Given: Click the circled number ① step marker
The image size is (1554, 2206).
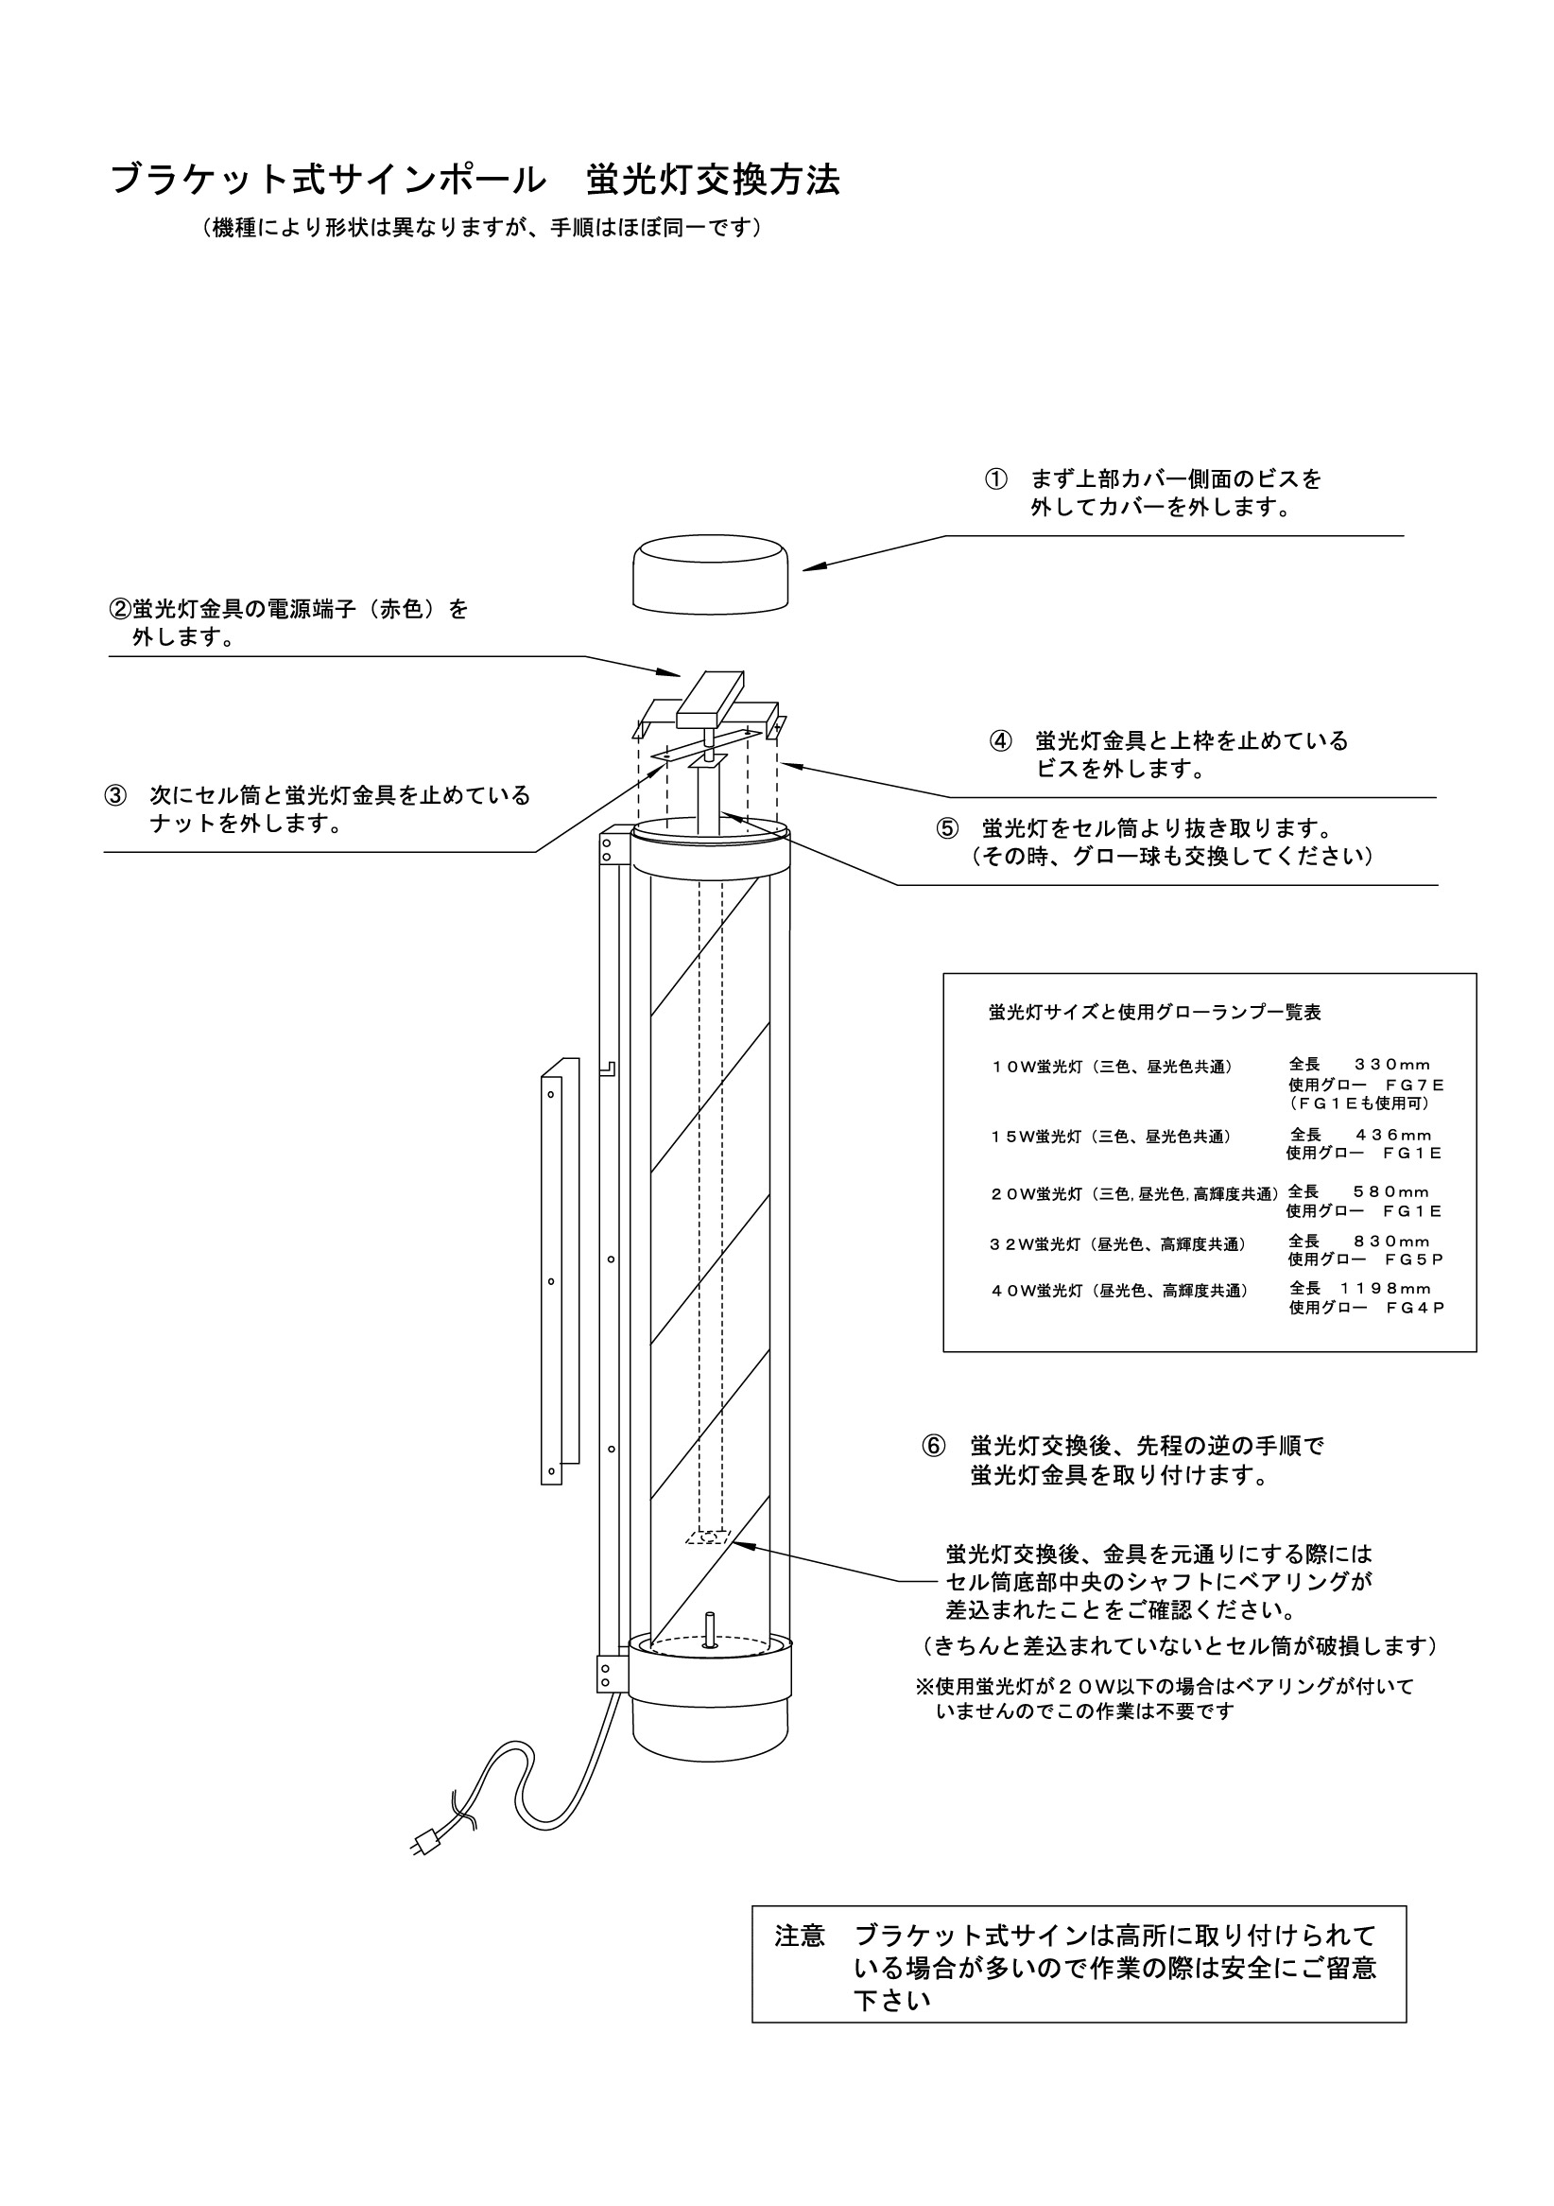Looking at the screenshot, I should click(x=996, y=478).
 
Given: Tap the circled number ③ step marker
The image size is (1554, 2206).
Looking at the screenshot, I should click(x=115, y=795).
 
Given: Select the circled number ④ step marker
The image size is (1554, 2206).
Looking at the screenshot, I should click(x=1001, y=740).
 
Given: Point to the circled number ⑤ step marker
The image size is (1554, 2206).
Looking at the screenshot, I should click(x=948, y=828).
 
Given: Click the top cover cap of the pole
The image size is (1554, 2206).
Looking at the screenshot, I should click(x=711, y=573).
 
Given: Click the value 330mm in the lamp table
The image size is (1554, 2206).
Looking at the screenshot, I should click(x=1391, y=1065).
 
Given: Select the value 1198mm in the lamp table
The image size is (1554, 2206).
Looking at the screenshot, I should click(x=1385, y=1289).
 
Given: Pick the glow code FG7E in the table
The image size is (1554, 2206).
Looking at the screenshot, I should click(x=1415, y=1085).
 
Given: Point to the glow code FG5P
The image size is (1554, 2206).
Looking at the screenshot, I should click(x=1415, y=1259).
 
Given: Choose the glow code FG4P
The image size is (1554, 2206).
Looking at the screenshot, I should click(x=1415, y=1308).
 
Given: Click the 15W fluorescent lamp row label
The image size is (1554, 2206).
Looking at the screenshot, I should click(x=1111, y=1137).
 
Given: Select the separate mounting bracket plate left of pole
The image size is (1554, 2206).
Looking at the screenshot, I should click(x=558, y=1273).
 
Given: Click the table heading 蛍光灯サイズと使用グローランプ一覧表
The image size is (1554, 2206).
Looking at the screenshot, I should click(x=1154, y=1012).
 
